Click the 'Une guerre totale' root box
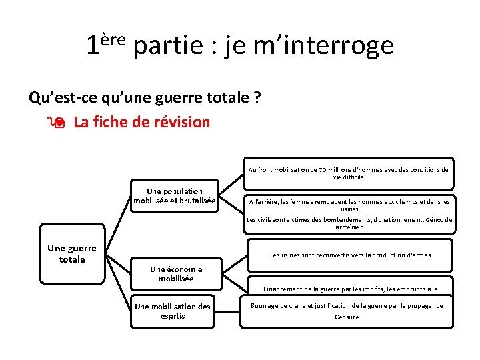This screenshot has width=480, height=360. tap(72, 254)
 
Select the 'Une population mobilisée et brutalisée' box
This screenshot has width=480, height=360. tap(175, 195)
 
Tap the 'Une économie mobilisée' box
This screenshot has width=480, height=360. tap(176, 274)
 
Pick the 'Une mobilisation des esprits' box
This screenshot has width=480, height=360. tap(173, 311)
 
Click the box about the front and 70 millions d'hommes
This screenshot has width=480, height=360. tap(348, 173)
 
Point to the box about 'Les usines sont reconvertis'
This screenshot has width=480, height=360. tap(350, 255)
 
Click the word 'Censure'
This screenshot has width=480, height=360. tap(347, 317)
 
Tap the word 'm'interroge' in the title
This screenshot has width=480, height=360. tap(310, 45)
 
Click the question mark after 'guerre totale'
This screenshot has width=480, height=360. tap(257, 98)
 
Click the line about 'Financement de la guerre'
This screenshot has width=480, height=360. tap(350, 289)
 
